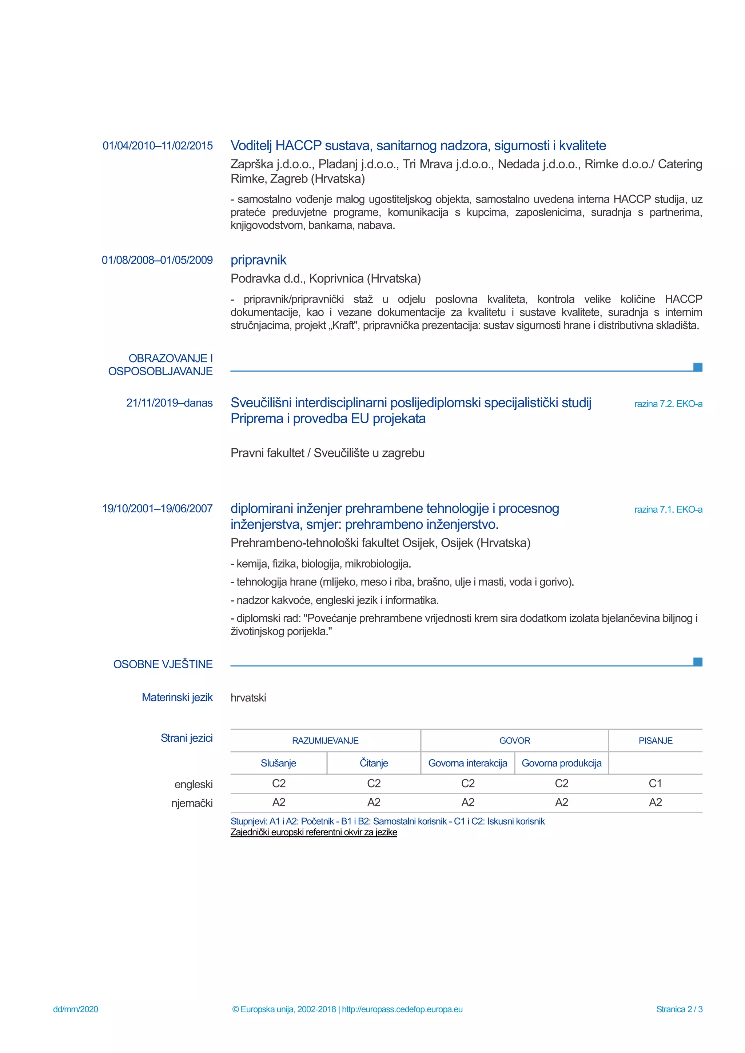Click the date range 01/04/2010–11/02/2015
pyautogui.click(x=158, y=146)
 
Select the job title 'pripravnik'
pyautogui.click(x=258, y=260)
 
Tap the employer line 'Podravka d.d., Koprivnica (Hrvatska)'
pyautogui.click(x=325, y=279)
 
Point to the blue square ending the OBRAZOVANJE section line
pyautogui.click(x=697, y=367)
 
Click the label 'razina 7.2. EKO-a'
pyautogui.click(x=668, y=404)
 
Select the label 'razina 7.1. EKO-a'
pyautogui.click(x=668, y=509)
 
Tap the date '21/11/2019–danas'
pyautogui.click(x=169, y=403)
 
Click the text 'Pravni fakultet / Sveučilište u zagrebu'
pyautogui.click(x=327, y=453)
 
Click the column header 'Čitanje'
pyautogui.click(x=374, y=763)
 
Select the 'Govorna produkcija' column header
pyautogui.click(x=562, y=763)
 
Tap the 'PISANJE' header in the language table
pyautogui.click(x=655, y=741)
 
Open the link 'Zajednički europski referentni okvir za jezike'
pyautogui.click(x=314, y=832)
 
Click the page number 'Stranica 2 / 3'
pyautogui.click(x=679, y=1009)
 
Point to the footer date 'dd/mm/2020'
pyautogui.click(x=76, y=1009)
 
